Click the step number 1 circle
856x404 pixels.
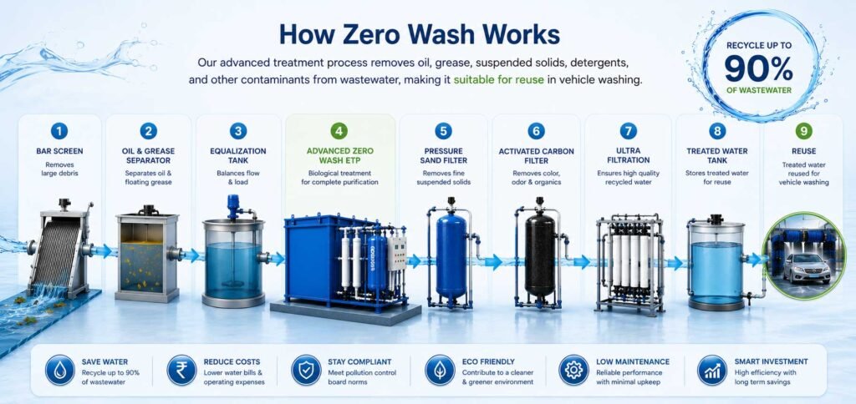59,131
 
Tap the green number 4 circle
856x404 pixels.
339,131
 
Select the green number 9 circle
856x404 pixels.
803,131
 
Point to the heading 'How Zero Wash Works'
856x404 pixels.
420,33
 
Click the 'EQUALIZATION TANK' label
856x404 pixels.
238,156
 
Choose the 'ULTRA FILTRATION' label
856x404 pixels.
629,156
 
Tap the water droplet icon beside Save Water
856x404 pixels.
60,370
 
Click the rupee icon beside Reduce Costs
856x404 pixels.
181,370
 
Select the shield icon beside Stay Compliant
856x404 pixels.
306,370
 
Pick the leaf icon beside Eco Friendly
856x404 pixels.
440,370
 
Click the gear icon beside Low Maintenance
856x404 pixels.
573,370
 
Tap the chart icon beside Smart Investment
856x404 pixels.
712,370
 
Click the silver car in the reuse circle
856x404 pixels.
807,267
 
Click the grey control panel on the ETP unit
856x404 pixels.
397,254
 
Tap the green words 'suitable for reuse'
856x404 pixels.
498,80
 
